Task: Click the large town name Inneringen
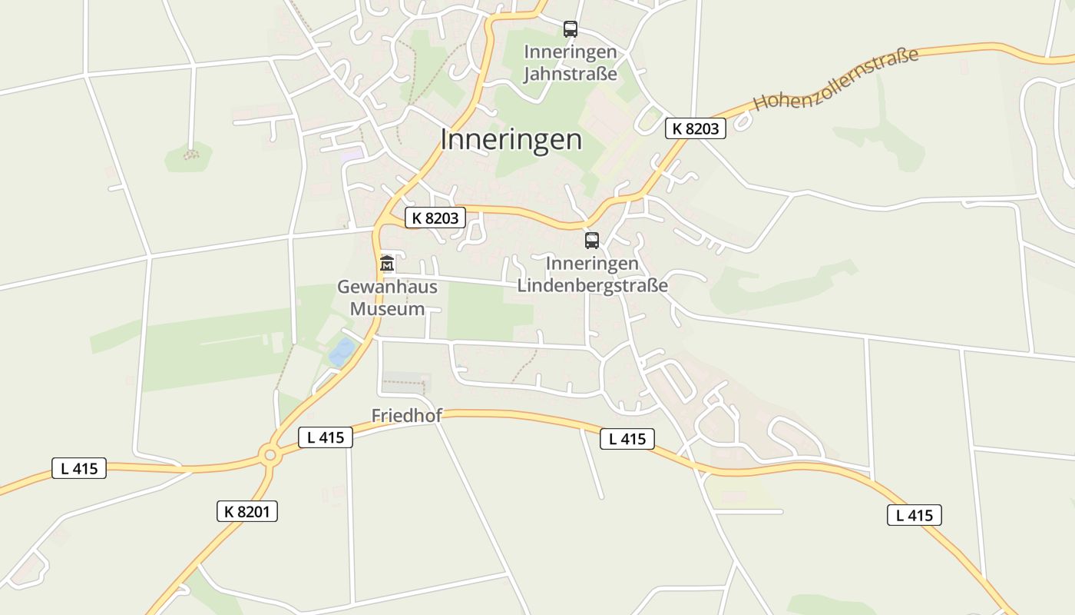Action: click(511, 140)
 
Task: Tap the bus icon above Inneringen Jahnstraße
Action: click(570, 29)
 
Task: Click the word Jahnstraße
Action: click(570, 74)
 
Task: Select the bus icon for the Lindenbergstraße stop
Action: click(591, 241)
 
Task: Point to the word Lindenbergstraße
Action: click(592, 286)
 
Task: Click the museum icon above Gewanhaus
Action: click(387, 264)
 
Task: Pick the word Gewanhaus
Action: click(387, 287)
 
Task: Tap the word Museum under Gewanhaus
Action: click(387, 309)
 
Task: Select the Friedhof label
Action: click(407, 416)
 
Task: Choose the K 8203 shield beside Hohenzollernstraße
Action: click(695, 128)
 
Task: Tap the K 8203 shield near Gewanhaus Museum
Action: click(435, 218)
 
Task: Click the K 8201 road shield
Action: click(246, 510)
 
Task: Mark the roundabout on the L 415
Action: click(270, 454)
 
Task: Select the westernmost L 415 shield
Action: click(79, 468)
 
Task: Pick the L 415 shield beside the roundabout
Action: click(325, 437)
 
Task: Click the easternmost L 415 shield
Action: click(914, 515)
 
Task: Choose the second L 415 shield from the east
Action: click(627, 439)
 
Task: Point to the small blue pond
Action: click(342, 351)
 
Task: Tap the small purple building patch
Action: click(352, 154)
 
